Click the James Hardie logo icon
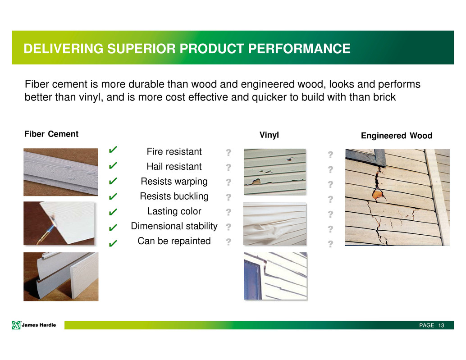[16, 325]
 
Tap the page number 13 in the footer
[441, 325]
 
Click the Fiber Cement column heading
[51, 134]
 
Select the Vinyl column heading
[269, 135]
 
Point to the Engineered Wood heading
[397, 136]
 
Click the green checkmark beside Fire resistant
[113, 150]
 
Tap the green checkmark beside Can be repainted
[113, 243]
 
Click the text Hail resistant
[174, 166]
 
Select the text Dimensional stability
[174, 226]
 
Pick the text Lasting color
[174, 211]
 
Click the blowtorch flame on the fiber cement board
[53, 220]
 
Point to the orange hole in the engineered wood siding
[377, 194]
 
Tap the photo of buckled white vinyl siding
[274, 224]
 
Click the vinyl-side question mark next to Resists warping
[228, 182]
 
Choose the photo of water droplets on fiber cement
[61, 172]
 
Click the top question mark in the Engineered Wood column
[330, 155]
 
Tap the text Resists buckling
[174, 196]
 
